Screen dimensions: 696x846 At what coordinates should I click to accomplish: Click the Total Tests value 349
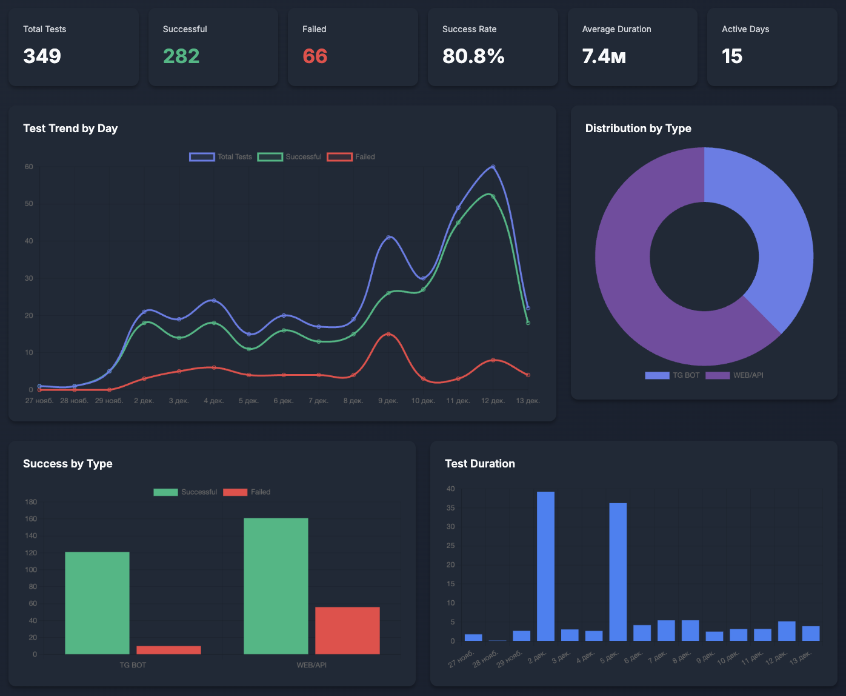[42, 56]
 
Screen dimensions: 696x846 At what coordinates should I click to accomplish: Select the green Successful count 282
[181, 56]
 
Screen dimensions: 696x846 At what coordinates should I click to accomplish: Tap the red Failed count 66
[315, 56]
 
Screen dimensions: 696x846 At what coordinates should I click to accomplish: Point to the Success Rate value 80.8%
[473, 56]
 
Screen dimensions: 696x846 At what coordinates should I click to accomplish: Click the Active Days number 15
[732, 56]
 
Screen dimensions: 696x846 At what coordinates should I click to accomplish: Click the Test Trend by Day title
[70, 129]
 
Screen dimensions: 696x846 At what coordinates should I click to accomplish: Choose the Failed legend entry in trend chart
[351, 157]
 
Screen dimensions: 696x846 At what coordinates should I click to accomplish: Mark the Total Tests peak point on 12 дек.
[493, 167]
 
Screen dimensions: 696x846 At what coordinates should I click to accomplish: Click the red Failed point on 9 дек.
[388, 334]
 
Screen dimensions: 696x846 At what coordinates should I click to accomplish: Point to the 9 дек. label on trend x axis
[388, 401]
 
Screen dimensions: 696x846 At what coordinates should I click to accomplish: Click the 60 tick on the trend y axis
[28, 167]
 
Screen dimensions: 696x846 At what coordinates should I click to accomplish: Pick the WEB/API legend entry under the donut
[734, 375]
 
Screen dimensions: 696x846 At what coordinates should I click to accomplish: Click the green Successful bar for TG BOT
[97, 603]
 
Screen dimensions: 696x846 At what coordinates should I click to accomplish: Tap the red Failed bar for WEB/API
[347, 631]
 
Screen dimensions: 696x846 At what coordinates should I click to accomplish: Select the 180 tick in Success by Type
[31, 502]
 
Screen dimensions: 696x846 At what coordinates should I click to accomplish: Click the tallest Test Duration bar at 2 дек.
[545, 566]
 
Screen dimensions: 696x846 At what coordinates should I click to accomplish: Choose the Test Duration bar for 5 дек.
[618, 572]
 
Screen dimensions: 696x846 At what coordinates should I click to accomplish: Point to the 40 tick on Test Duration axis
[450, 489]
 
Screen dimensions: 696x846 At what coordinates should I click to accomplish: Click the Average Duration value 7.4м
[604, 56]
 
